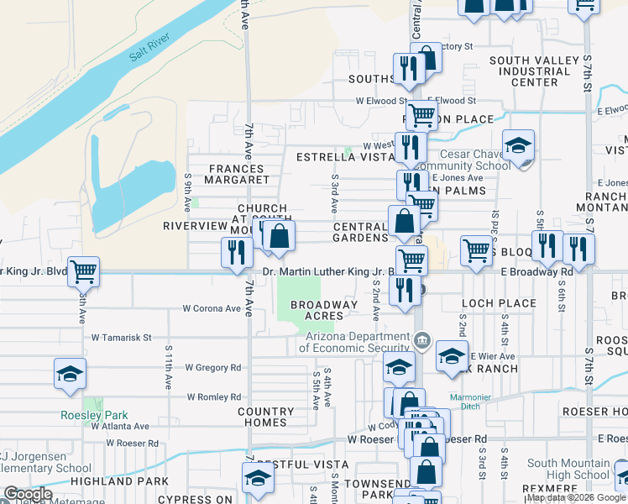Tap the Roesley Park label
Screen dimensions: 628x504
(x=82, y=415)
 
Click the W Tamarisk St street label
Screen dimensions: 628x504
(x=121, y=338)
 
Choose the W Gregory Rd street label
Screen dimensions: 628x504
(x=213, y=367)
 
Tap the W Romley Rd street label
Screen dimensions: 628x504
(x=213, y=396)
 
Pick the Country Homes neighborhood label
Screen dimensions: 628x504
(x=265, y=417)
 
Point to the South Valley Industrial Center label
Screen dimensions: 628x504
(x=535, y=71)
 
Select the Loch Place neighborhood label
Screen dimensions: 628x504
(x=499, y=303)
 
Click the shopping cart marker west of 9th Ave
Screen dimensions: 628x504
(x=83, y=270)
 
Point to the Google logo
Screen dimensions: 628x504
(x=27, y=495)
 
